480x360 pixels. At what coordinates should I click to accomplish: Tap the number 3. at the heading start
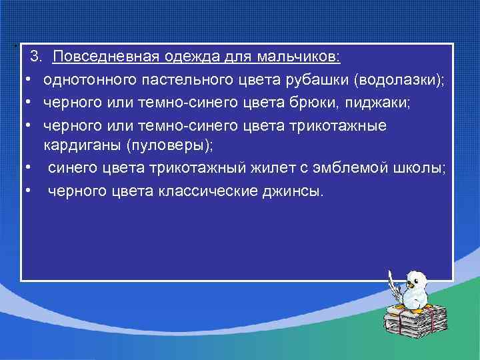pos(37,57)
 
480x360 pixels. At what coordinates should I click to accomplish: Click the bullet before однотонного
pos(30,81)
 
